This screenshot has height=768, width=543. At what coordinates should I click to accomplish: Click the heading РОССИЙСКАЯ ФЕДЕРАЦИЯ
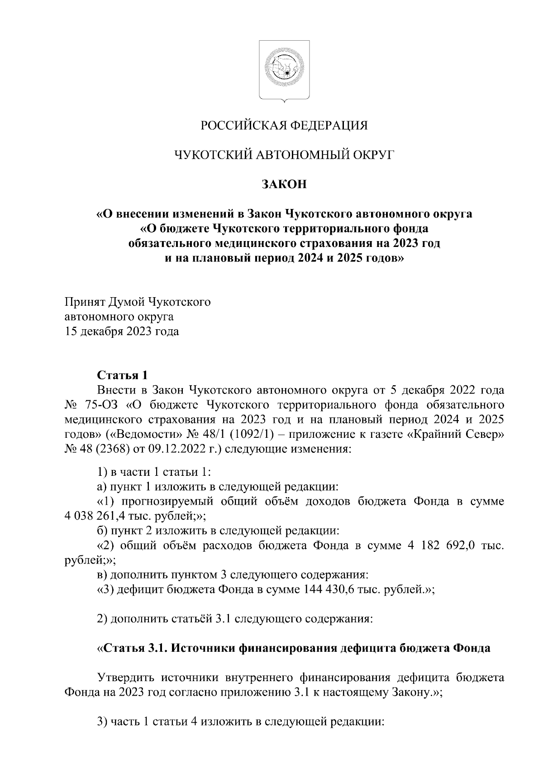[x=285, y=125]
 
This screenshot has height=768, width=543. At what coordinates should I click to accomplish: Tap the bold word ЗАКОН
[x=285, y=185]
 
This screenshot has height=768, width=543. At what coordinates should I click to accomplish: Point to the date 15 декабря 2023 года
[x=122, y=332]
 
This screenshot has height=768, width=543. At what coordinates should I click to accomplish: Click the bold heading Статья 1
[x=123, y=375]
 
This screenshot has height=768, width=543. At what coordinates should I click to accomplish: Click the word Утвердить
[x=123, y=678]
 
